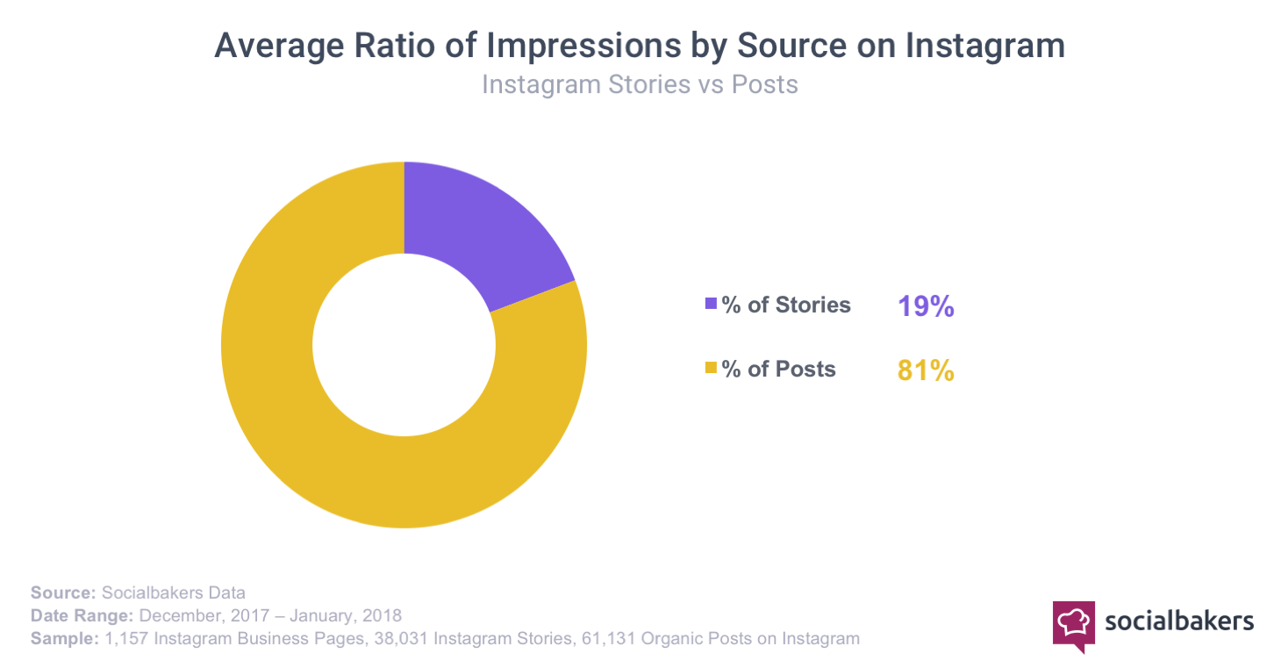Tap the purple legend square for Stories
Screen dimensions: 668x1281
pos(711,305)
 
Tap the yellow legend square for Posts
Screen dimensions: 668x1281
pos(711,370)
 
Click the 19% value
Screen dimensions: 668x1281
pos(925,306)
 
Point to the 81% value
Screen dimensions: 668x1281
pos(925,370)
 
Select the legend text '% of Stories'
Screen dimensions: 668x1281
pos(786,305)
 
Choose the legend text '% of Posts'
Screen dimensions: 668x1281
pos(779,370)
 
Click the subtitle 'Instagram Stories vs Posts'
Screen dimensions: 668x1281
pos(640,85)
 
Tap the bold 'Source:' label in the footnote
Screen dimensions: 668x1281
pos(63,592)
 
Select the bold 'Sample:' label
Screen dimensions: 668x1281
pos(64,638)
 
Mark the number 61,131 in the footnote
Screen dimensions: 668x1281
pos(609,638)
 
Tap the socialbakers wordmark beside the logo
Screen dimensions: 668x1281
pos(1179,621)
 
